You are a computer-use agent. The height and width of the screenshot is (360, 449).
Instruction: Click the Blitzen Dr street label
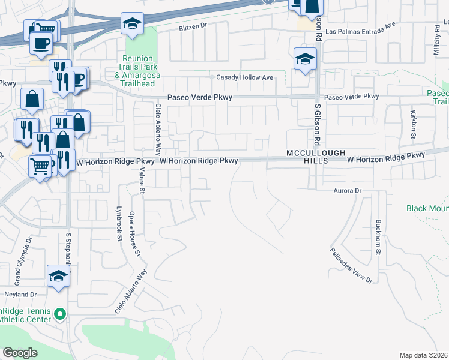(x=192, y=26)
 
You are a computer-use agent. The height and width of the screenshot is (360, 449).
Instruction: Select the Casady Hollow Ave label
(x=245, y=77)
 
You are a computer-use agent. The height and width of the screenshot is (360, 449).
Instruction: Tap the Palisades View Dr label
(x=352, y=265)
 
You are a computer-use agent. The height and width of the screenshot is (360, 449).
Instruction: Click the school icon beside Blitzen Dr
(x=132, y=23)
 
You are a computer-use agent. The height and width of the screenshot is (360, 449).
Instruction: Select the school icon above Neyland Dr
(x=59, y=276)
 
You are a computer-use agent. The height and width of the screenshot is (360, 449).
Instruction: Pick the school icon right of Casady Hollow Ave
(x=305, y=59)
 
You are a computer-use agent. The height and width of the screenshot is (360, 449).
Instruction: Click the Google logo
(x=20, y=353)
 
